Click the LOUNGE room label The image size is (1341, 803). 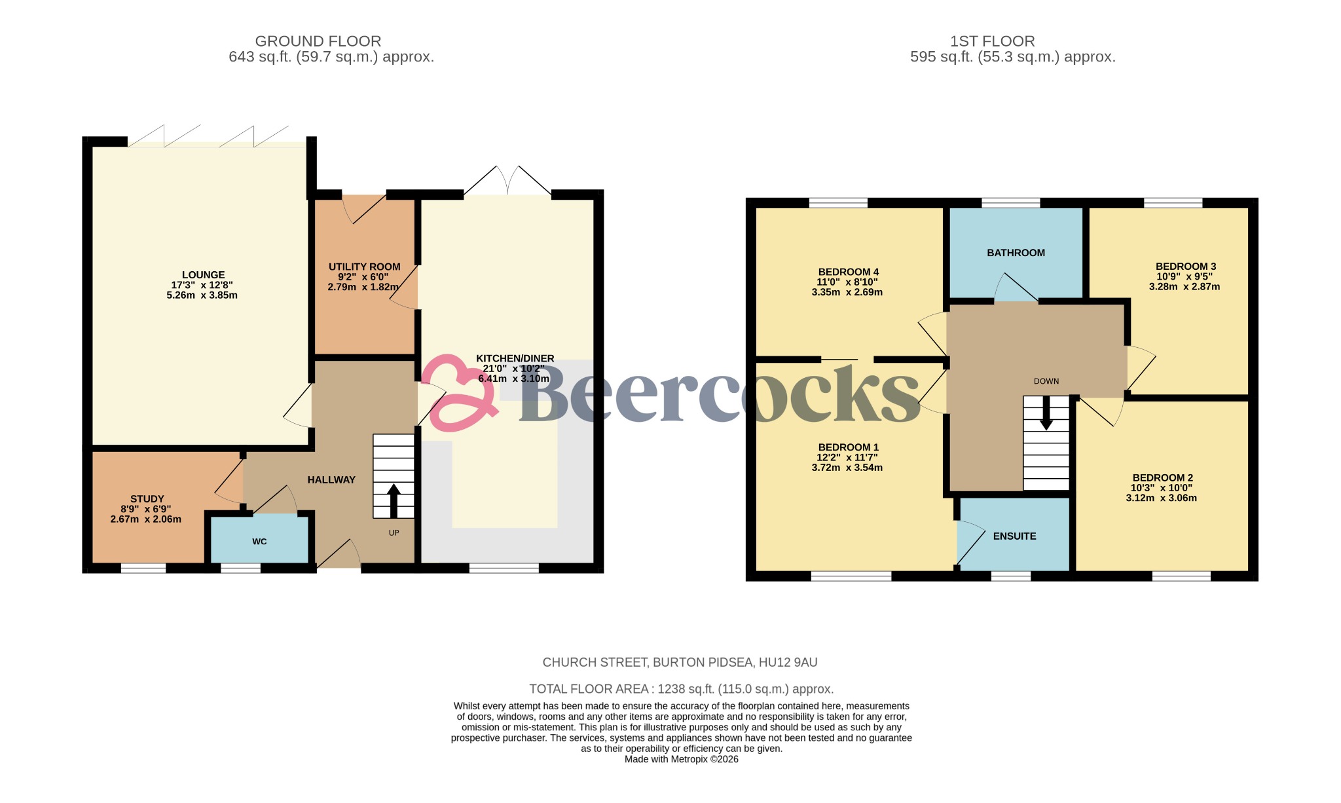point(203,275)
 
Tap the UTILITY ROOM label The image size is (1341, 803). point(364,267)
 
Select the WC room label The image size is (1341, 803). point(259,542)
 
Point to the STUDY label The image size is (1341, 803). point(147,499)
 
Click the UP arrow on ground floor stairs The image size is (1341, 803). point(394,501)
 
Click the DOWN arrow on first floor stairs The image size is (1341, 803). point(1046,414)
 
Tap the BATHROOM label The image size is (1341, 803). point(1016,253)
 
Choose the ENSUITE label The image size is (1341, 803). point(1014,536)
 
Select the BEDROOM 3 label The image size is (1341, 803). point(1185,267)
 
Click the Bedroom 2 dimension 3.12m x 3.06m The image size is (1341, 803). point(1161,498)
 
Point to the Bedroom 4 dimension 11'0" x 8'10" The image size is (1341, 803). point(847,282)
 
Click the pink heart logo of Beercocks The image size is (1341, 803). point(458,393)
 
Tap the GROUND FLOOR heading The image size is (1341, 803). point(318,41)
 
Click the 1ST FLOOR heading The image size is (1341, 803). point(992,41)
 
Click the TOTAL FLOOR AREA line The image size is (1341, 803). point(681,689)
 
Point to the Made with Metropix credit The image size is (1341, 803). point(681,759)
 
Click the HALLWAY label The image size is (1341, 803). point(331,480)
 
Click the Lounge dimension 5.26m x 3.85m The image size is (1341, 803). point(202,295)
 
